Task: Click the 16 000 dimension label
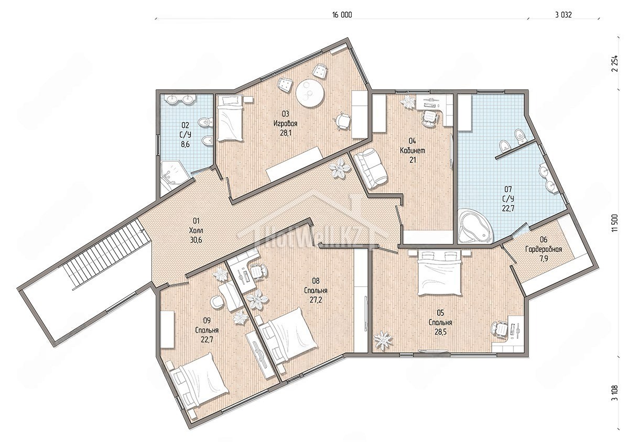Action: tap(342, 15)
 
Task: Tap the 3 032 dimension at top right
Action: tap(563, 15)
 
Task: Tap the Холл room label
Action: tap(196, 230)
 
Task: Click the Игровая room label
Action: tap(285, 123)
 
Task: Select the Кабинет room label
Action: tap(413, 150)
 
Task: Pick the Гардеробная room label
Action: tap(544, 249)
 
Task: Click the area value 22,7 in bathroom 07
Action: tap(508, 208)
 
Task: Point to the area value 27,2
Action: tap(316, 300)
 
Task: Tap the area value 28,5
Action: tap(440, 332)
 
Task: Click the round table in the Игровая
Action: tap(310, 93)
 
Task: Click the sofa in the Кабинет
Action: tap(370, 169)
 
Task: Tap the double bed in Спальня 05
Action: tap(439, 273)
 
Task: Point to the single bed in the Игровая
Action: tap(230, 118)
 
